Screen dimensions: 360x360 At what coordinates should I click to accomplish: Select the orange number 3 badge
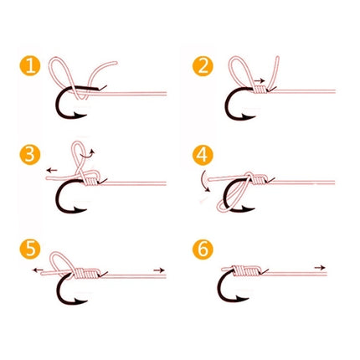30,156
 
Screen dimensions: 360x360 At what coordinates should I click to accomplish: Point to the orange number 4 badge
203,156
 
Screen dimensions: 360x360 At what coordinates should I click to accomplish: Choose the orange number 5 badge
30,249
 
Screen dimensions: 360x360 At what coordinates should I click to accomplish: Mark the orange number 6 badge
203,249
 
